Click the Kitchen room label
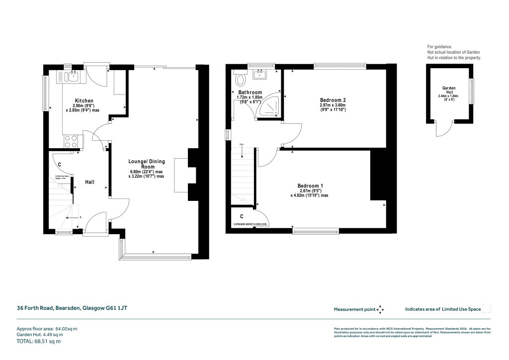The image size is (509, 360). pyautogui.click(x=84, y=100)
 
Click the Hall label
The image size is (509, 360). pyautogui.click(x=89, y=182)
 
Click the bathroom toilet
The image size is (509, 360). pyautogui.click(x=241, y=79)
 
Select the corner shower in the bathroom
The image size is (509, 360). pyautogui.click(x=270, y=107)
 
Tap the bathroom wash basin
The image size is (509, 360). pyautogui.click(x=260, y=75)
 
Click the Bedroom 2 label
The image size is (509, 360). pyautogui.click(x=333, y=100)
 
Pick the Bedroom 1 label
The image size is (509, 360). pyautogui.click(x=310, y=185)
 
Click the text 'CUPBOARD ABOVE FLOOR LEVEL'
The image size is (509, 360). pyautogui.click(x=254, y=225)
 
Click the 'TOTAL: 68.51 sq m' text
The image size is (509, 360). pyautogui.click(x=39, y=341)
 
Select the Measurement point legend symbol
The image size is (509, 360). pyautogui.click(x=380, y=309)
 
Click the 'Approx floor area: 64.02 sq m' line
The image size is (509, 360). pyautogui.click(x=48, y=328)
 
